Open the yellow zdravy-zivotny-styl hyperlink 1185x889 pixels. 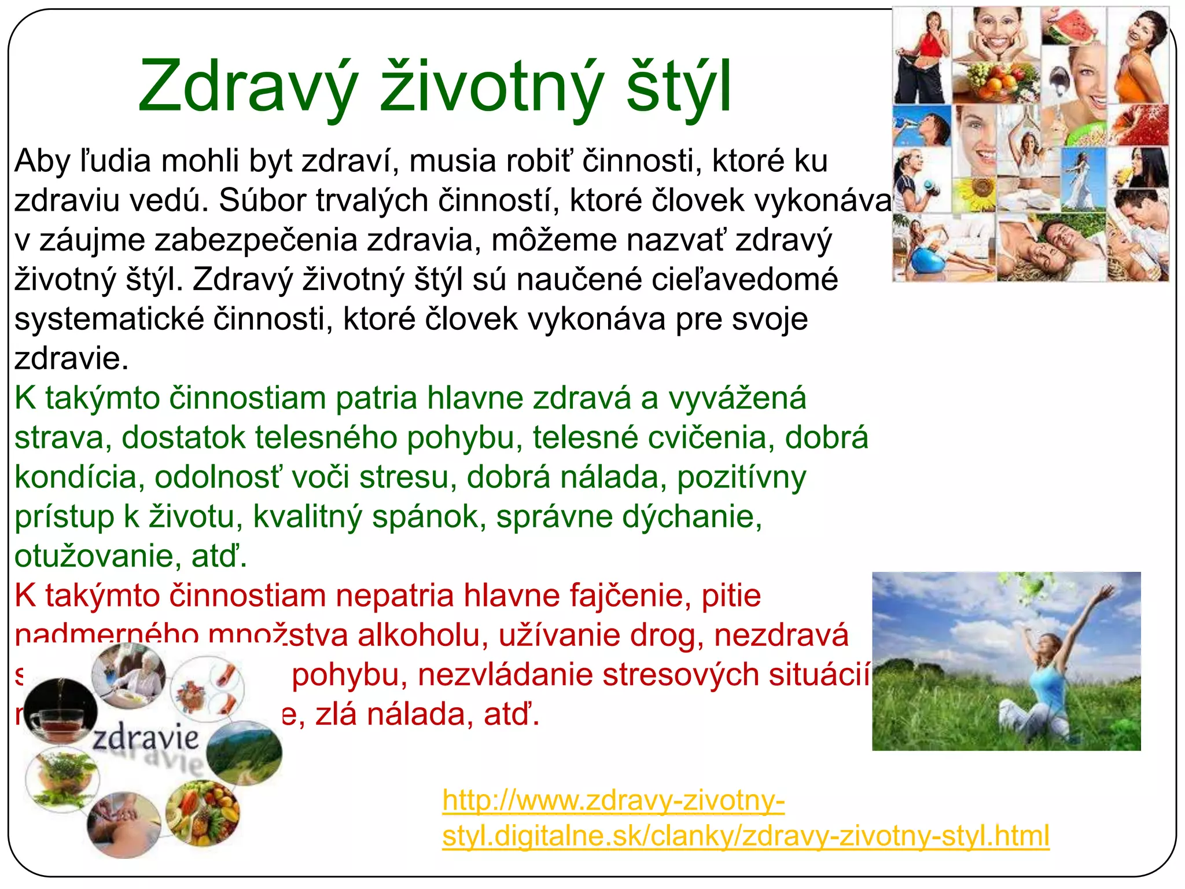[x=745, y=836]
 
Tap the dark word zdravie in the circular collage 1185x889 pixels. [x=146, y=738]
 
